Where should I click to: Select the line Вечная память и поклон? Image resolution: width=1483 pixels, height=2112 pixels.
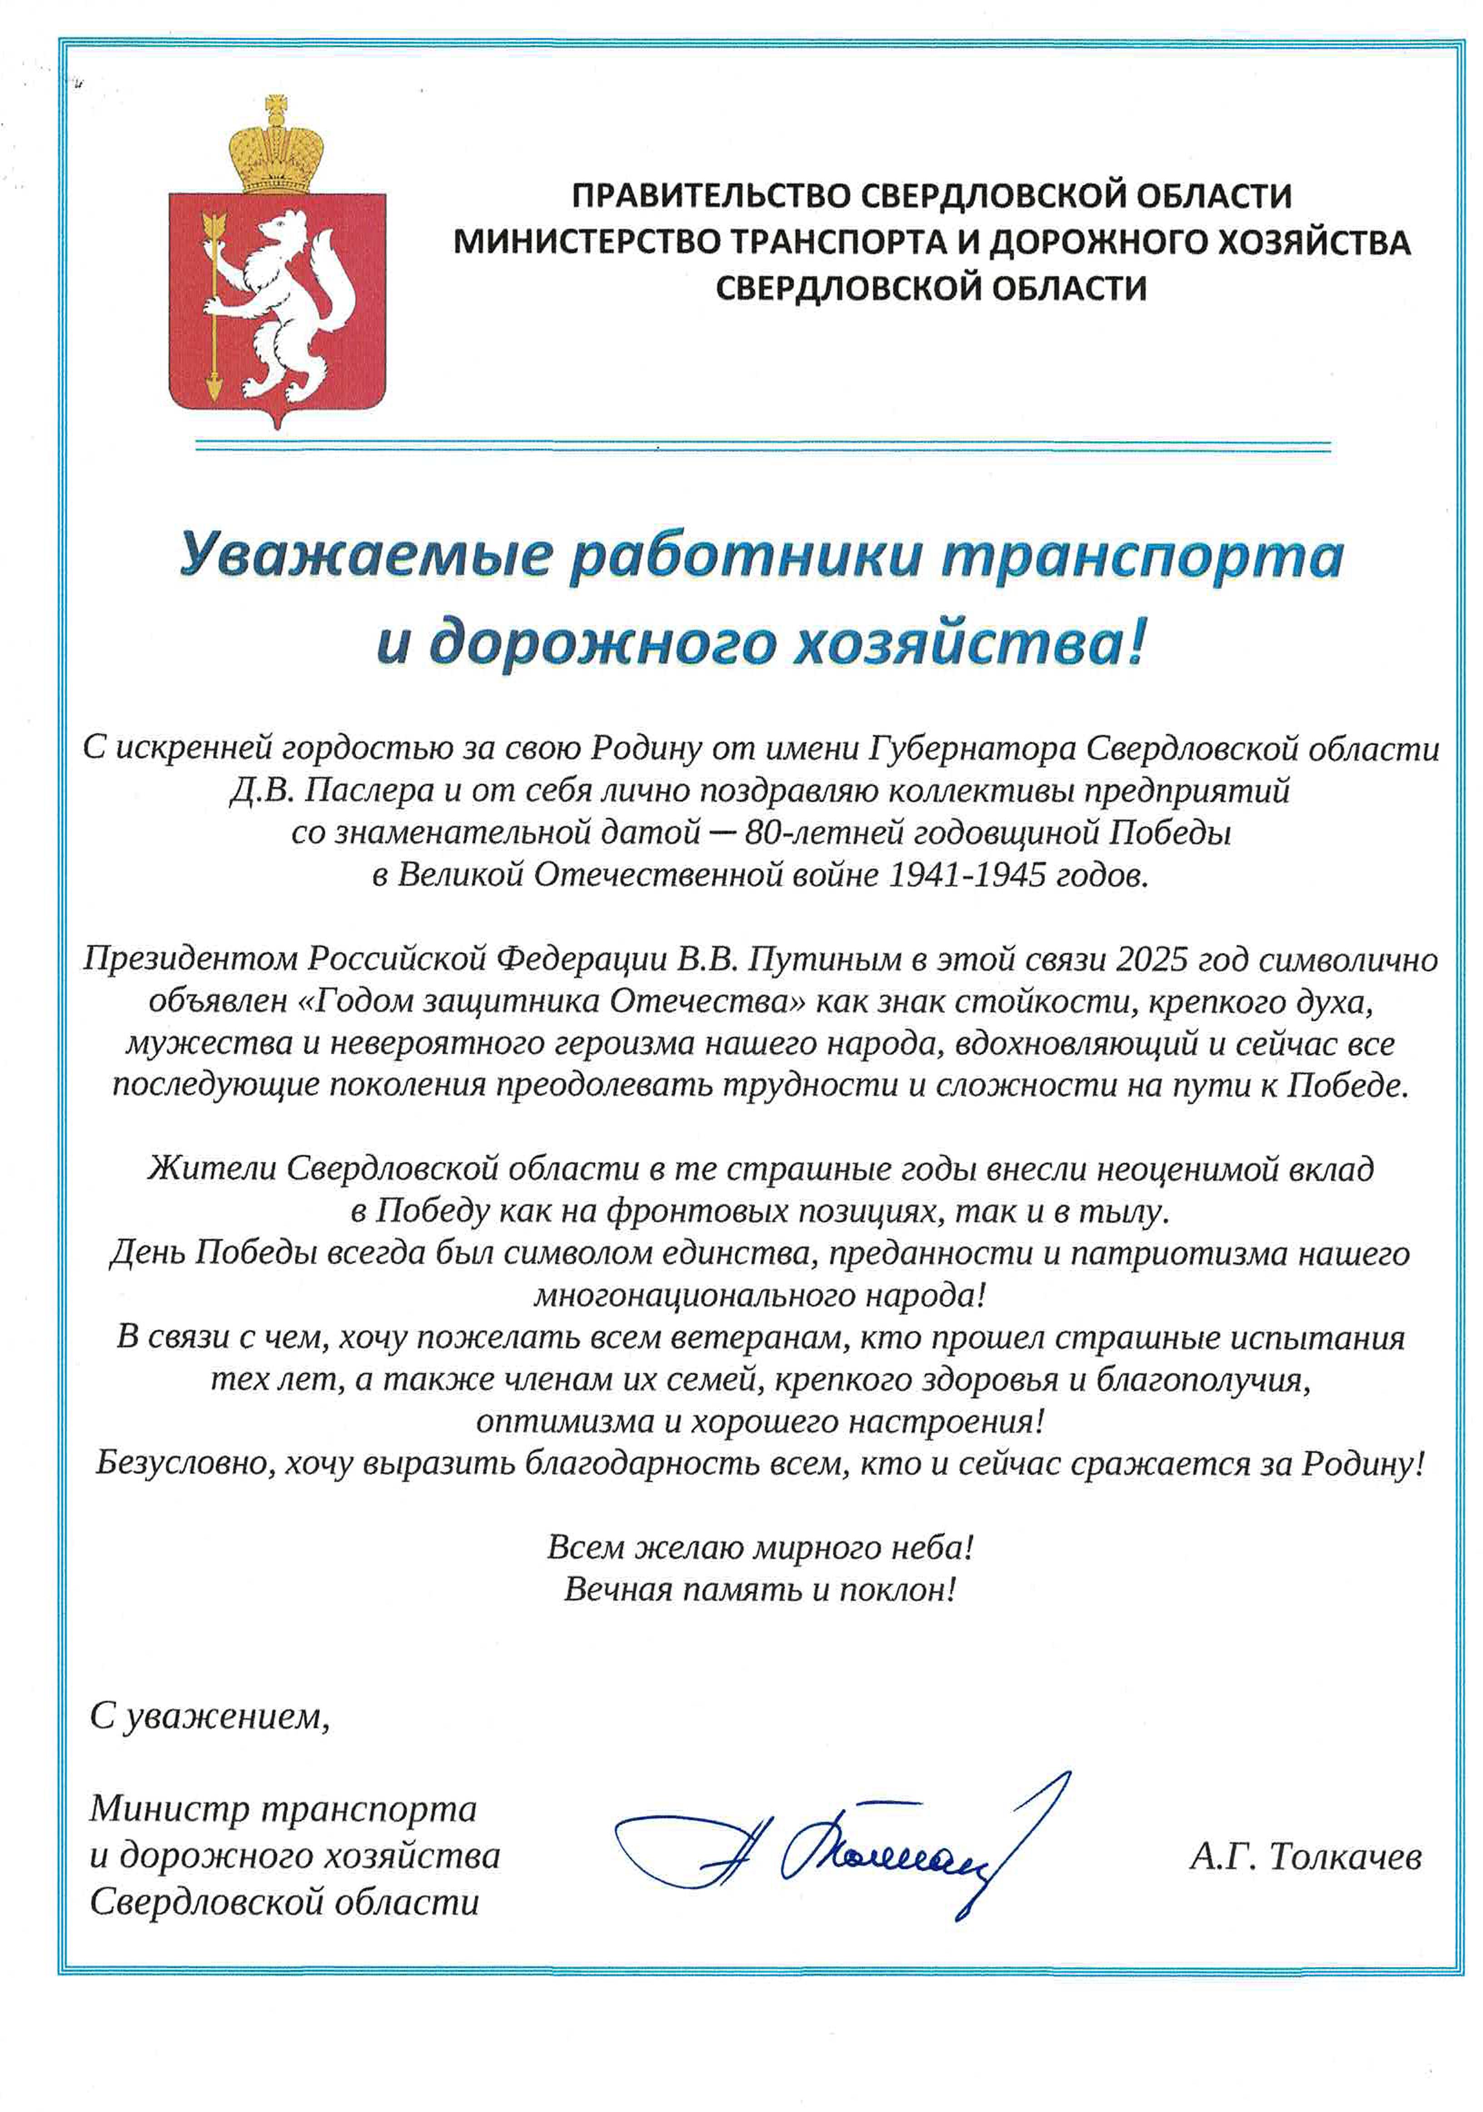pos(760,1589)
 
